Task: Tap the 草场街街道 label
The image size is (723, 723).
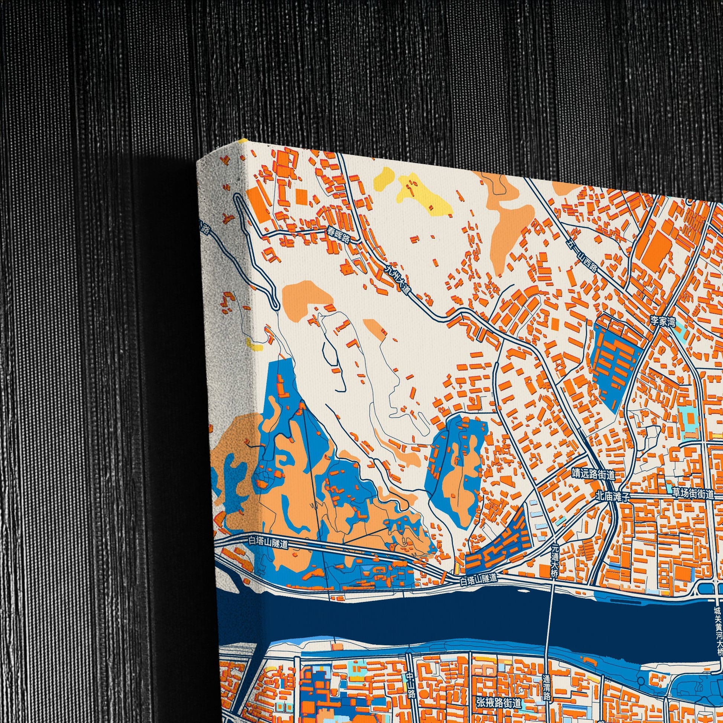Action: (x=693, y=494)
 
